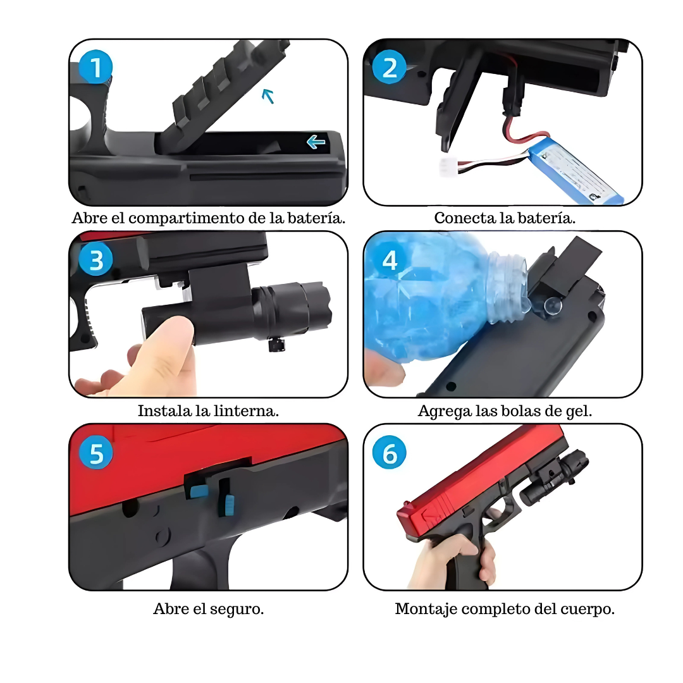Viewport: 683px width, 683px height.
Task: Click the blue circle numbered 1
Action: pos(96,67)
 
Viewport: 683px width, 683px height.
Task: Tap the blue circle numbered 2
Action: pos(390,68)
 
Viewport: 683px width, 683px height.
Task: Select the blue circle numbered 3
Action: pos(96,260)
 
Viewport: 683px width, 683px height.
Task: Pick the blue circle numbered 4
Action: pos(390,260)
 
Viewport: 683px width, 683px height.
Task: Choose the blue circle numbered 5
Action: pos(96,453)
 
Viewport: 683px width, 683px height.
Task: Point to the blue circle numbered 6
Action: pos(390,453)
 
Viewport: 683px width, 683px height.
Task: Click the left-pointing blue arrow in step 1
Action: pos(316,142)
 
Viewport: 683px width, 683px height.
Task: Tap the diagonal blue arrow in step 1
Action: pos(268,96)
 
